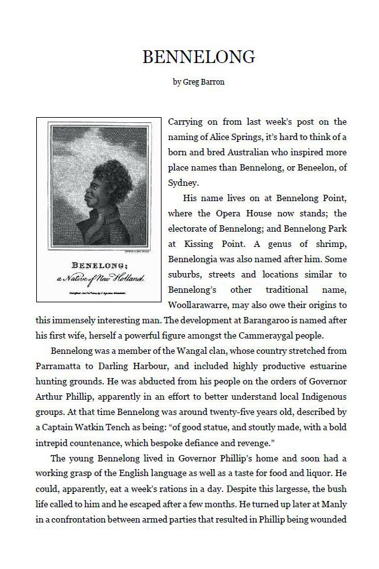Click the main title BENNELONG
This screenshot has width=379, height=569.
198,57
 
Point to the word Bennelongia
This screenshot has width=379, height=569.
197,259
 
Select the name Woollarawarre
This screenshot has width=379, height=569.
202,305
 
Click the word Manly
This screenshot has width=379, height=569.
331,519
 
